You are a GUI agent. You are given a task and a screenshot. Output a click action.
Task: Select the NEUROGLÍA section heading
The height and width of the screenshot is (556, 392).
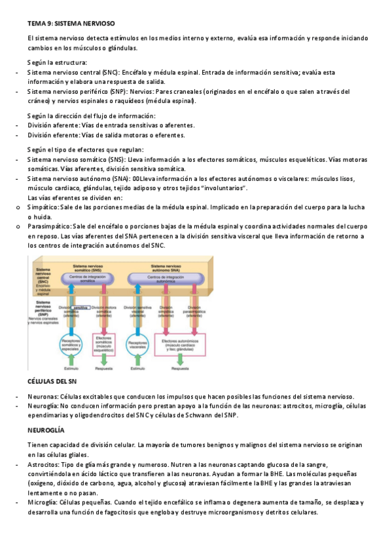coord(46,430)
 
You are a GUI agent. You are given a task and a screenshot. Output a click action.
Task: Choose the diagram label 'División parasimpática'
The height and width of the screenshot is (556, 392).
coord(195,309)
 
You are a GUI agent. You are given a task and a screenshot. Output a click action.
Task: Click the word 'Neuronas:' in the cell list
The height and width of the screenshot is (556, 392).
coord(43,397)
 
